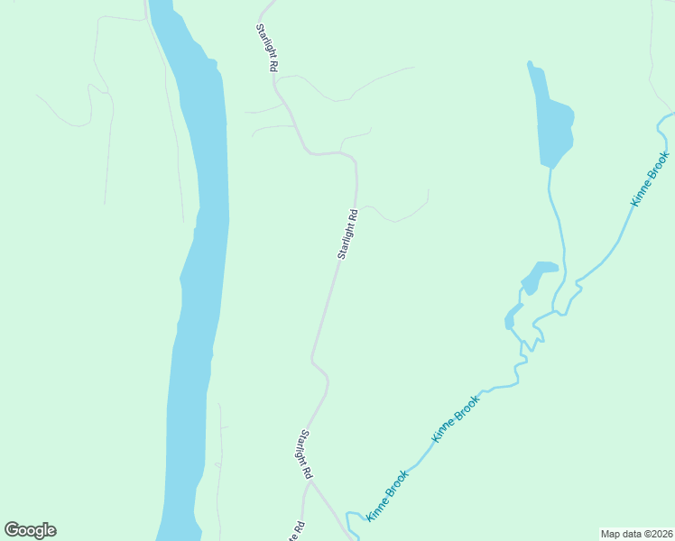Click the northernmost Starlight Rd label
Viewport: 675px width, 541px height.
click(264, 48)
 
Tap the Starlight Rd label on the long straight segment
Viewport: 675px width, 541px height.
click(348, 234)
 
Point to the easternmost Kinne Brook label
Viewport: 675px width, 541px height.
click(651, 179)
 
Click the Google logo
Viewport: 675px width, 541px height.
click(30, 530)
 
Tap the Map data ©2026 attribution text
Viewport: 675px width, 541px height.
click(636, 533)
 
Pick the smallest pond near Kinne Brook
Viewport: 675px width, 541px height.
click(513, 316)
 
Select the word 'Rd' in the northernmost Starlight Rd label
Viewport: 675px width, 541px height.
click(270, 64)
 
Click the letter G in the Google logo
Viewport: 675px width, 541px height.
click(12, 530)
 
